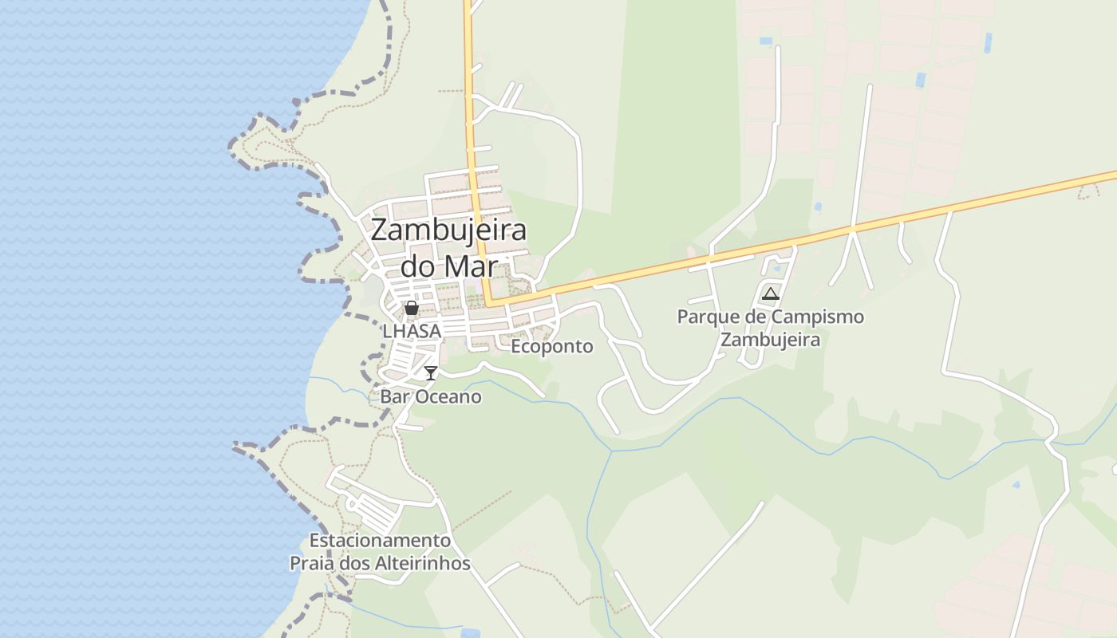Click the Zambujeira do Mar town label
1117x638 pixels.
coord(448,247)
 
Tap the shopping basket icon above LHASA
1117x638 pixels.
coord(411,308)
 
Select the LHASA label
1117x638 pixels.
coord(412,330)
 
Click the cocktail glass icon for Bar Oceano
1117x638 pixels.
coord(431,372)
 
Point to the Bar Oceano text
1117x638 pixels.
coord(431,396)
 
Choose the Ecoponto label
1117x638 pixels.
coord(552,346)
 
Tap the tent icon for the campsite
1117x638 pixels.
coord(770,293)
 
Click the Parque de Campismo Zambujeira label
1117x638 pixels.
coord(770,328)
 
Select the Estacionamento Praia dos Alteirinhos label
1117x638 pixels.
coord(380,552)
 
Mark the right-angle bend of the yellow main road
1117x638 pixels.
coord(488,303)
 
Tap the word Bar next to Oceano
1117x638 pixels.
coord(393,396)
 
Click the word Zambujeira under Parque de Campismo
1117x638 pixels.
coord(770,340)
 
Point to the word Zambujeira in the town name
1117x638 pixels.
coord(448,230)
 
